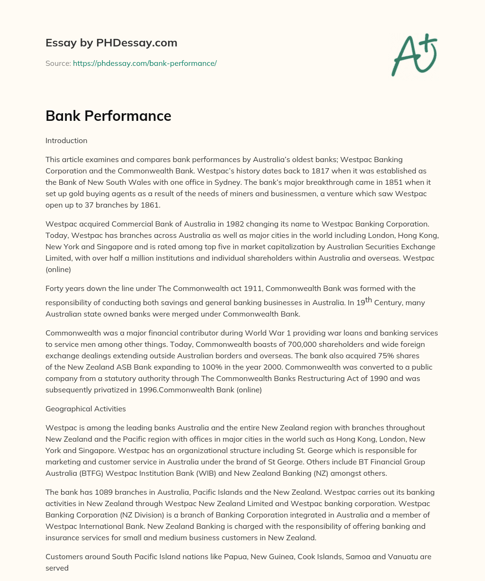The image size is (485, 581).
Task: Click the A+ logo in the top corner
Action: pos(414,55)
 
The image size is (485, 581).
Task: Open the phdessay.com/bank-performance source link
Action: pos(144,63)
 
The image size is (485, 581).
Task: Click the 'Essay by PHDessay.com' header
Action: pos(111,43)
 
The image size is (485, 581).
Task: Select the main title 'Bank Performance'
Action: pos(108,116)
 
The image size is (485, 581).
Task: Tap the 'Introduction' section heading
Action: pos(66,141)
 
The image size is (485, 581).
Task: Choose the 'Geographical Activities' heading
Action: pos(85,409)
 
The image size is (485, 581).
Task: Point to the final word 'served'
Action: pos(57,568)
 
